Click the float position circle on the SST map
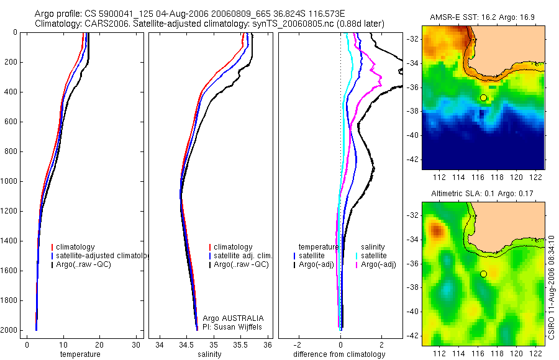pos(483,98)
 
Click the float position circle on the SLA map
pos(483,274)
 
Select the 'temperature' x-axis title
pos(80,354)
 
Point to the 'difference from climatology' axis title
pos(339,354)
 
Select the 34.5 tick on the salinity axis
pos(186,345)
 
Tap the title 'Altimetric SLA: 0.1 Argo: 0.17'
pos(483,194)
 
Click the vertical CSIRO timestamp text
pos(552,286)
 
